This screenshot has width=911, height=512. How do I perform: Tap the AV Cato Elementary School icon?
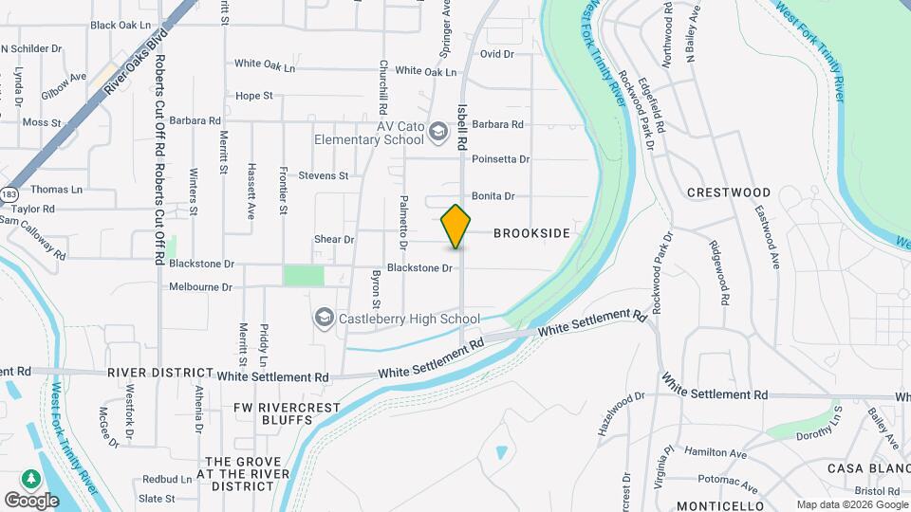click(437, 131)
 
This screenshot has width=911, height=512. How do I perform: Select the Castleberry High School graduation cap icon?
click(325, 318)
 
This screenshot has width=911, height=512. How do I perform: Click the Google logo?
click(31, 500)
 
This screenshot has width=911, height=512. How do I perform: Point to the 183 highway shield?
click(9, 193)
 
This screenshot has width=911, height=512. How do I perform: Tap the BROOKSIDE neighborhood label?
click(531, 233)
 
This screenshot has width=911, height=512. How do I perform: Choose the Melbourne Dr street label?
click(201, 286)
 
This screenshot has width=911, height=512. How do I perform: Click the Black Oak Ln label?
click(121, 25)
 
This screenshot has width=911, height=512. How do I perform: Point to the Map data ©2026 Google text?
click(850, 504)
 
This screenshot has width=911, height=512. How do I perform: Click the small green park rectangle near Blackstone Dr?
click(304, 275)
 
